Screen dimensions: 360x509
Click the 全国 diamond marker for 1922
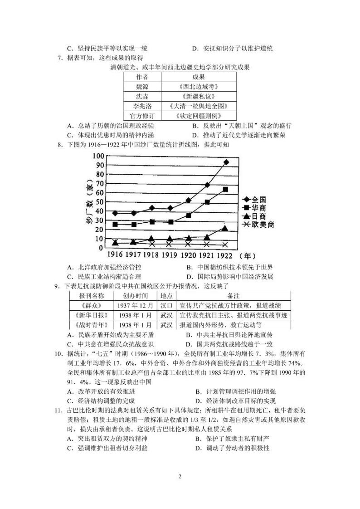(226, 162)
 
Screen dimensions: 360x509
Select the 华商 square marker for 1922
(225, 189)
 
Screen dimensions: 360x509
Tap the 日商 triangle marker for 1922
(225, 228)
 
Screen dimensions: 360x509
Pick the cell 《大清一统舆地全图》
(198, 106)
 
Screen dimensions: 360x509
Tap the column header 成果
(198, 77)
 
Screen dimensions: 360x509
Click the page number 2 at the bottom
(180, 477)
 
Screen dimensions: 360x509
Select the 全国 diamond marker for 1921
(207, 185)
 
